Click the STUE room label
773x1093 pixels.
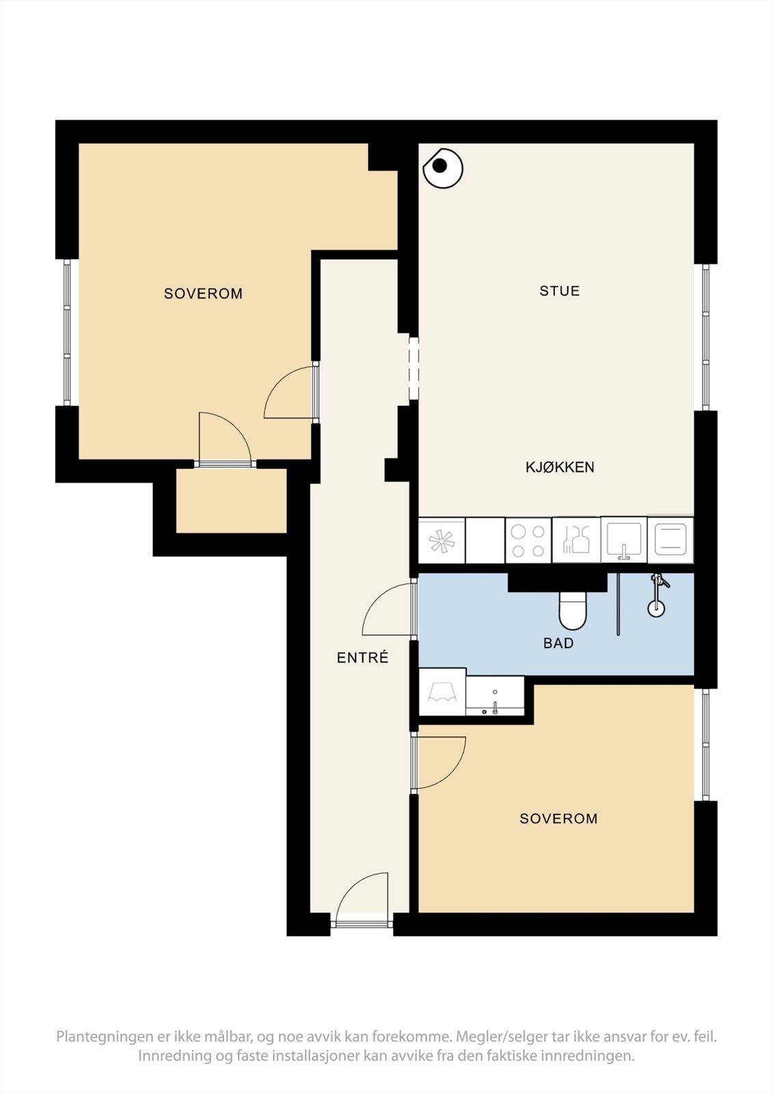(x=560, y=291)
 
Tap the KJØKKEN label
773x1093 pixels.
(x=560, y=467)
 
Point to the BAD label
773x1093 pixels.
(x=558, y=643)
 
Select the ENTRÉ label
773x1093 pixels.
(x=362, y=657)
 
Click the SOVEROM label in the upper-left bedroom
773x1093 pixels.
(x=203, y=293)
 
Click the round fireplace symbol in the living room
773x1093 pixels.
(x=443, y=167)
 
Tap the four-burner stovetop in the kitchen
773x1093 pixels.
(x=528, y=540)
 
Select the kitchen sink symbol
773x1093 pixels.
(x=623, y=540)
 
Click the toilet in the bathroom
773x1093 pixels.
(x=572, y=610)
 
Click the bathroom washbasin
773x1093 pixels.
(x=495, y=696)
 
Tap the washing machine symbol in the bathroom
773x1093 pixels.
(x=442, y=692)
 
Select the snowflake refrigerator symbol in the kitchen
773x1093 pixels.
(x=442, y=541)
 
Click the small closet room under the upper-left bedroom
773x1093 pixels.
(x=231, y=501)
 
